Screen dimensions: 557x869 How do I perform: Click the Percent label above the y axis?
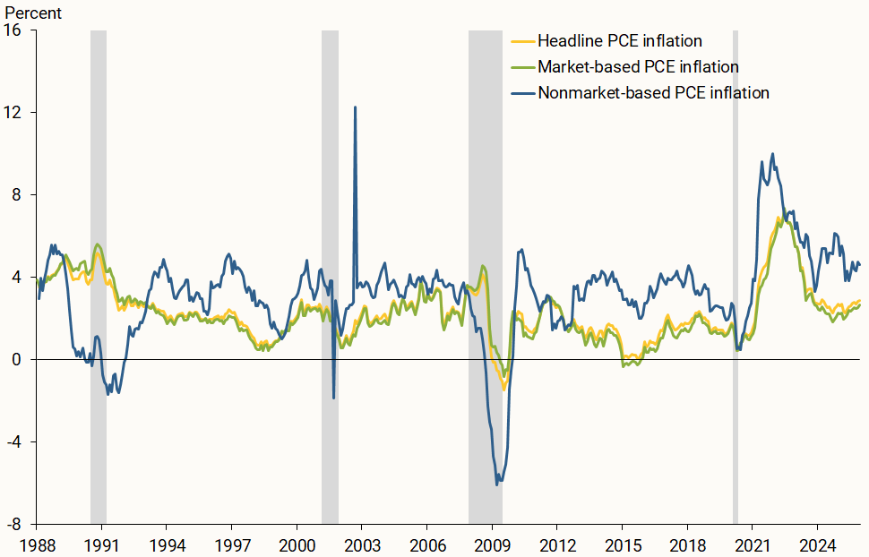tap(34, 13)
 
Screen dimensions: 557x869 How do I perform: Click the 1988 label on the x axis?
tap(36, 544)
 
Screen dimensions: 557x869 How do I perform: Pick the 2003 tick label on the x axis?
tap(362, 544)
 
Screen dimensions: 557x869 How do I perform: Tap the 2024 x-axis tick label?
tap(818, 544)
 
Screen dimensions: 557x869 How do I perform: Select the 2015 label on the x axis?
tap(623, 544)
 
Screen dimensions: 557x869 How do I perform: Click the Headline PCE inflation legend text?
tap(619, 41)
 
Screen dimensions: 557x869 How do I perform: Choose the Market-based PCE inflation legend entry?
tap(638, 67)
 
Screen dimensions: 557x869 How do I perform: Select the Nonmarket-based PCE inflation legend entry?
tap(653, 93)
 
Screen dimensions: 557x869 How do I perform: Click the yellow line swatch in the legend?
tap(522, 41)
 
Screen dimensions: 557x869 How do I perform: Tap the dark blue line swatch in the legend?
tap(522, 93)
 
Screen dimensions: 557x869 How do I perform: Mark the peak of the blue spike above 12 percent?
tap(355, 107)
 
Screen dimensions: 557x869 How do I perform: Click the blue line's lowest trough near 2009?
tap(497, 484)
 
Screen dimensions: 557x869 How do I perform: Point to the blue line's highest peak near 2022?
tap(772, 154)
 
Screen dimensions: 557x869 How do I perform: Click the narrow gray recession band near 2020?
tap(736, 269)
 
